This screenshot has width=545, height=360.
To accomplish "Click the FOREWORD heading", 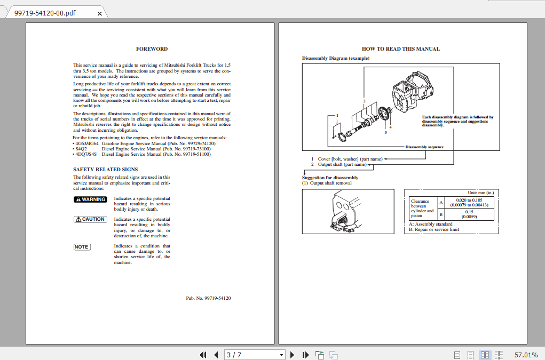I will (152, 49).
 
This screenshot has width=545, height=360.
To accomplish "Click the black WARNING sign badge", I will (90, 199).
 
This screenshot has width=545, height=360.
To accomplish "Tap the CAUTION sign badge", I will (90, 219).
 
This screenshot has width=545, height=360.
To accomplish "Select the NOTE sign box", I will (82, 246).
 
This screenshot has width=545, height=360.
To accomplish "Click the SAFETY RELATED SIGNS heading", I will (105, 170).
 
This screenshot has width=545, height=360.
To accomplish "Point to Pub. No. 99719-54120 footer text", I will (208, 298).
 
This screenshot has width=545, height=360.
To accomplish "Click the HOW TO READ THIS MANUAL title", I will (400, 49).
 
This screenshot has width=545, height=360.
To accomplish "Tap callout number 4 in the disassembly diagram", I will (391, 127).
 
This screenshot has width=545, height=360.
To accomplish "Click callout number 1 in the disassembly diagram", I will (337, 115).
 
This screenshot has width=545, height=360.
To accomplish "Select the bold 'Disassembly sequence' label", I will (424, 147).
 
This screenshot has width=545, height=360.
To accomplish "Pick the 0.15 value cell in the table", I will (469, 214).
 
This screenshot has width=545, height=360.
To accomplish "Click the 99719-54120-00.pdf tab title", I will (45, 12).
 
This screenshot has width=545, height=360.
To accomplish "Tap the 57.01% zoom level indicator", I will (526, 355).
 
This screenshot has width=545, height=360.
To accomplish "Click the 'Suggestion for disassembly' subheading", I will (330, 178).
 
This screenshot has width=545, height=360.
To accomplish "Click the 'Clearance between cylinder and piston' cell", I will (422, 209).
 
